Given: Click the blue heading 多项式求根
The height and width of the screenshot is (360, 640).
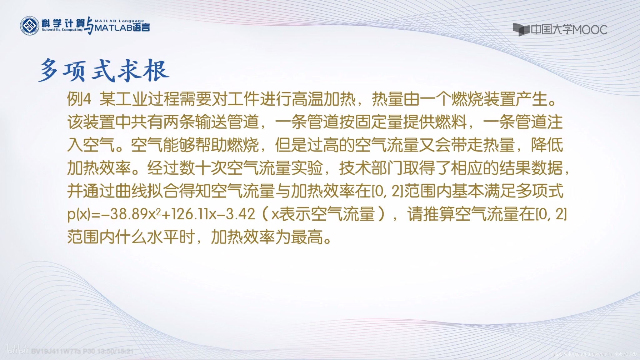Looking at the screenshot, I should (104, 70).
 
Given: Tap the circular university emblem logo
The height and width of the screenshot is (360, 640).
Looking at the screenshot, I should (30, 25).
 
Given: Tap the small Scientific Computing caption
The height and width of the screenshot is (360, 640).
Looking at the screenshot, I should (62, 30).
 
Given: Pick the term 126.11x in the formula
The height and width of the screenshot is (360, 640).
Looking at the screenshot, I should (193, 214).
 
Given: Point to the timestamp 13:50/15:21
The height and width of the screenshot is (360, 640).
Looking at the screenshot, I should (116, 351).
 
